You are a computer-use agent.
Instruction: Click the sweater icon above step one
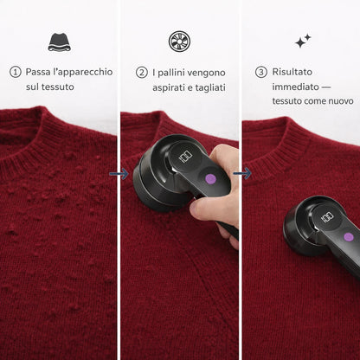60,42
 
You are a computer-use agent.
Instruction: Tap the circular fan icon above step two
179,42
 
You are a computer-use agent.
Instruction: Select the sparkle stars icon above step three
303,41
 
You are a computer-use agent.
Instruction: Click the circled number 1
16,72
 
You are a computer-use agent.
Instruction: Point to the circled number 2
142,73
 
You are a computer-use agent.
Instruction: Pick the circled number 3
261,72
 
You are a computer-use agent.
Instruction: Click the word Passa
38,72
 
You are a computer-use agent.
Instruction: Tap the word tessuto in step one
57,87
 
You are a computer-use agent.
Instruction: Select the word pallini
173,73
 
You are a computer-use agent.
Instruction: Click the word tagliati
210,87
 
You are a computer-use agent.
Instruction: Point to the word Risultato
292,72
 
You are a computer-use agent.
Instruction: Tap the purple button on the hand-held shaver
210,179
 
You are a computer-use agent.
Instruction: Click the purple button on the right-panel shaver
349,237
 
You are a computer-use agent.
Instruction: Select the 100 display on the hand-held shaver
185,157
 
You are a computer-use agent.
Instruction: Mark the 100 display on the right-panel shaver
327,217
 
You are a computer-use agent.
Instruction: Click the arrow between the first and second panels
119,174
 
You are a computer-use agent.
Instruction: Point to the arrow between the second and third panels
242,173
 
